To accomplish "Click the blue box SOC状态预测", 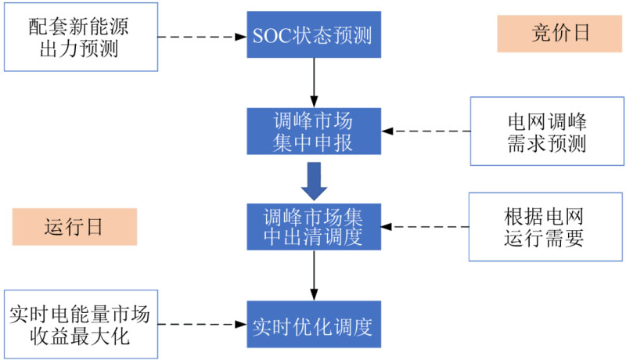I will click(x=313, y=36).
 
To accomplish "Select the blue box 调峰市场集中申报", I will click(x=313, y=131).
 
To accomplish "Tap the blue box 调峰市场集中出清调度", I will click(x=313, y=227).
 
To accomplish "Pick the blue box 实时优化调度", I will click(x=313, y=324).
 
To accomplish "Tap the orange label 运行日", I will click(x=74, y=227).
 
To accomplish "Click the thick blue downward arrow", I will click(x=313, y=181).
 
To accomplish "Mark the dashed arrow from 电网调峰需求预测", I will click(x=426, y=131).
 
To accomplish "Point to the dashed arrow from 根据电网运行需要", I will click(x=426, y=227).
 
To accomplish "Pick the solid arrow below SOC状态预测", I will click(x=313, y=82).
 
